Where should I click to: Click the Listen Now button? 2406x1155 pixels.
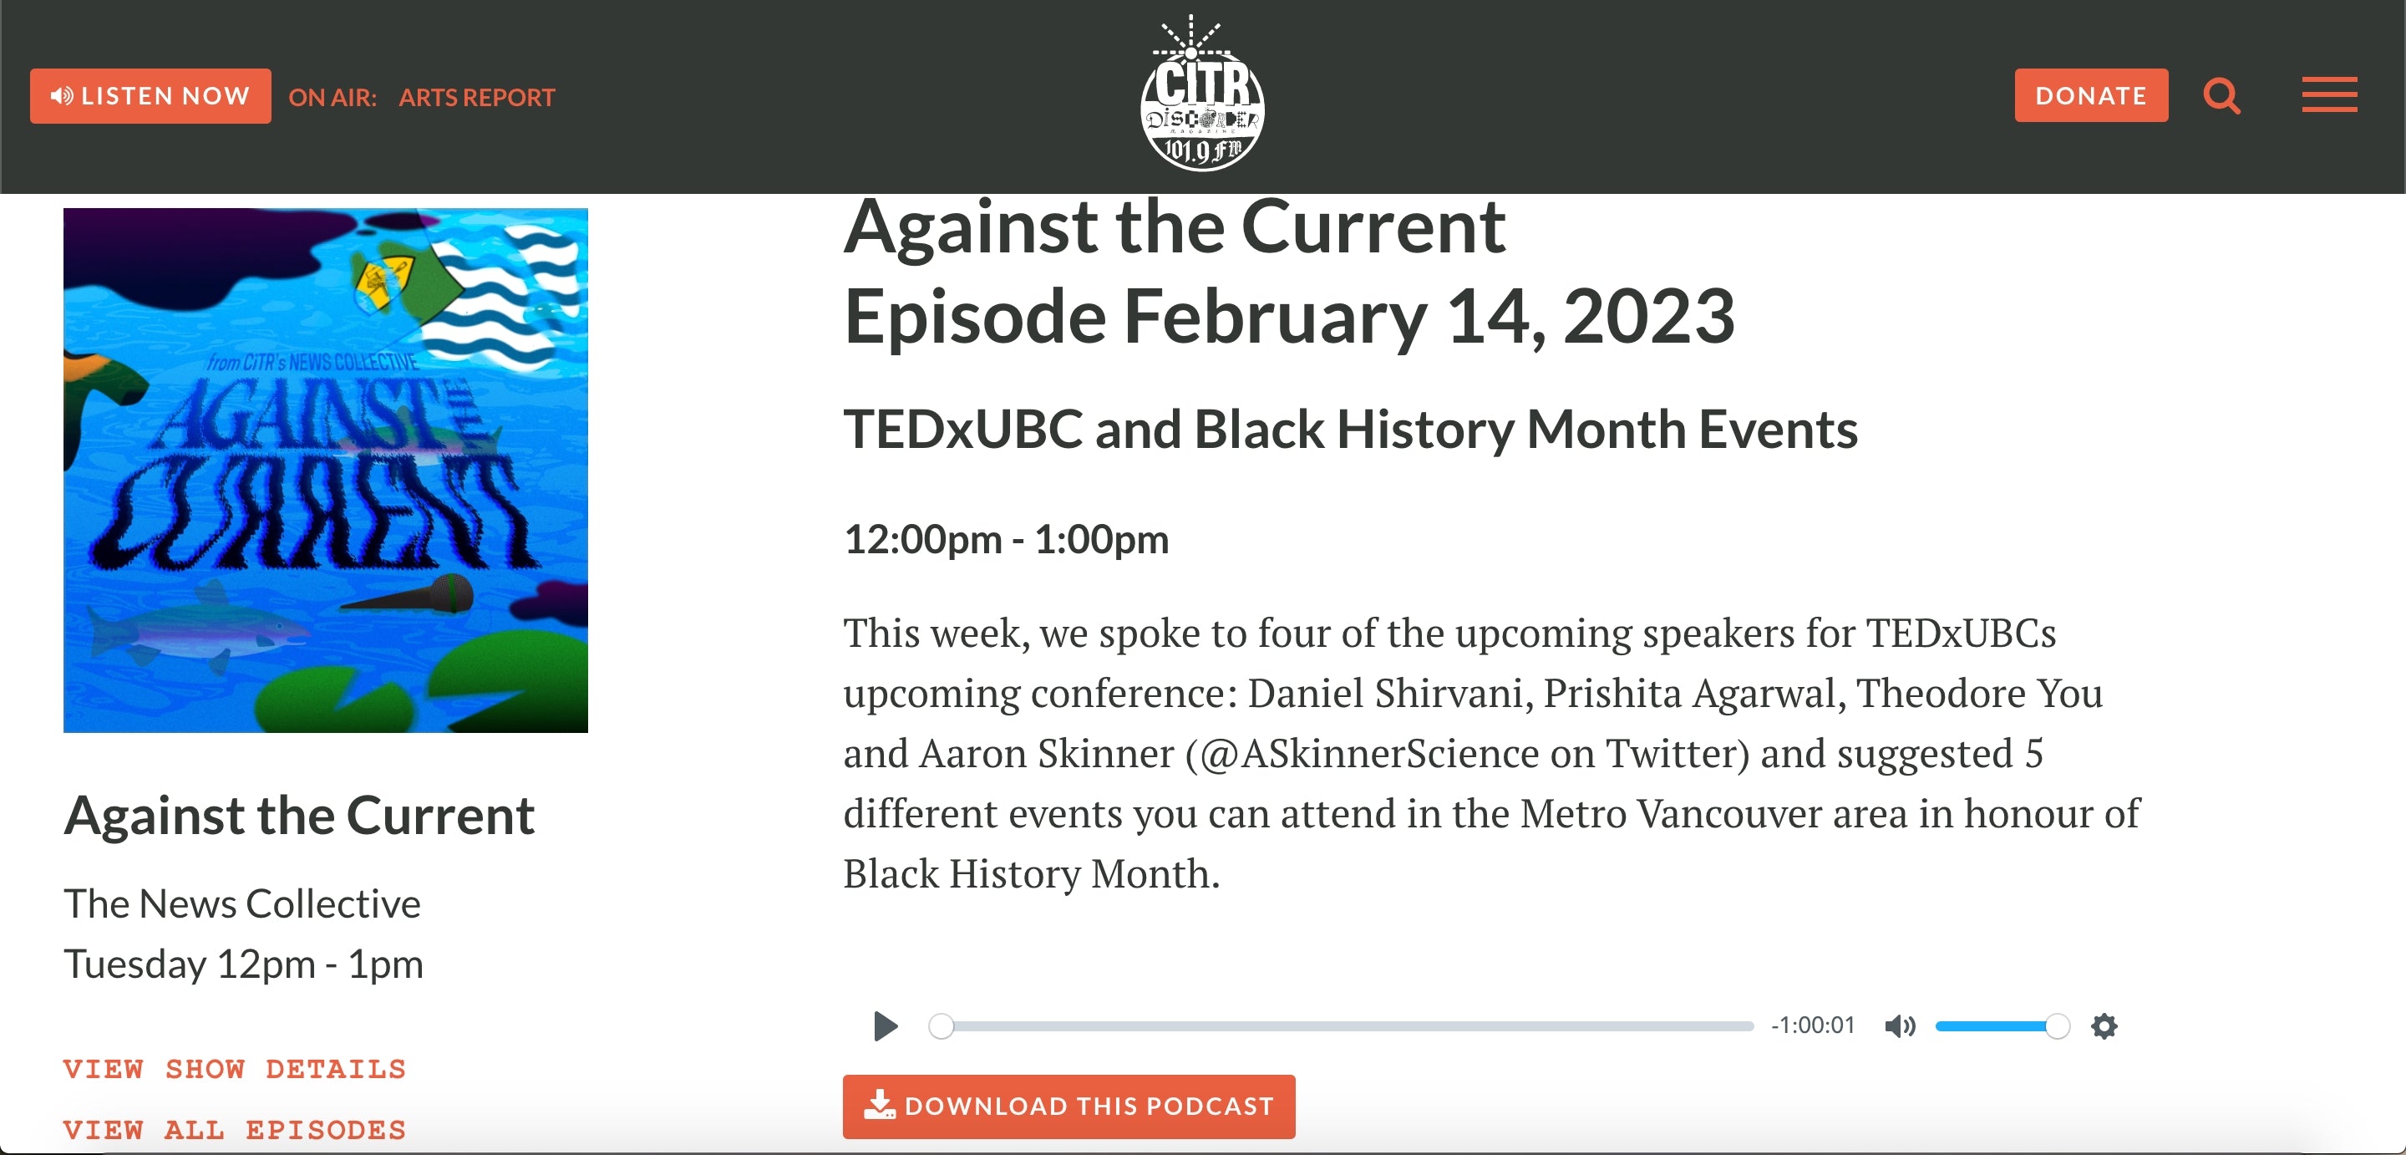click(150, 95)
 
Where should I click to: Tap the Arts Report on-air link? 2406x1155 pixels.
click(476, 97)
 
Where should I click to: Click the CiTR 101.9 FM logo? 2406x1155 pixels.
click(1202, 94)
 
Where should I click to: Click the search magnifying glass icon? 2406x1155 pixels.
click(2221, 95)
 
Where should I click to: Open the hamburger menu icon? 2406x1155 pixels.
click(2329, 95)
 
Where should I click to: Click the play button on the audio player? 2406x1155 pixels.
click(886, 1026)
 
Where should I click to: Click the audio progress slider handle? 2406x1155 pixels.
click(942, 1026)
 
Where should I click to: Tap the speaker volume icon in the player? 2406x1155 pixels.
click(1900, 1026)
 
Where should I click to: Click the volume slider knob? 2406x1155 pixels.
click(2057, 1026)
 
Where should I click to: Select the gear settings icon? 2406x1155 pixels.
click(2104, 1026)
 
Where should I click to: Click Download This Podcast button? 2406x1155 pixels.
click(1068, 1107)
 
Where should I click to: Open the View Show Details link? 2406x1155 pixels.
click(235, 1069)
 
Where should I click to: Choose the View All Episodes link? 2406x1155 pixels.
click(235, 1130)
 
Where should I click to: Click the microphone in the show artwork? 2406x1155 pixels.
click(411, 595)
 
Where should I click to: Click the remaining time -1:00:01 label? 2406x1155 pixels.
click(1813, 1025)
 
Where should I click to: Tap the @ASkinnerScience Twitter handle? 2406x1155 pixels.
click(1363, 754)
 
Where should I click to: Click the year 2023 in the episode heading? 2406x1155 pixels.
click(1648, 316)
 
